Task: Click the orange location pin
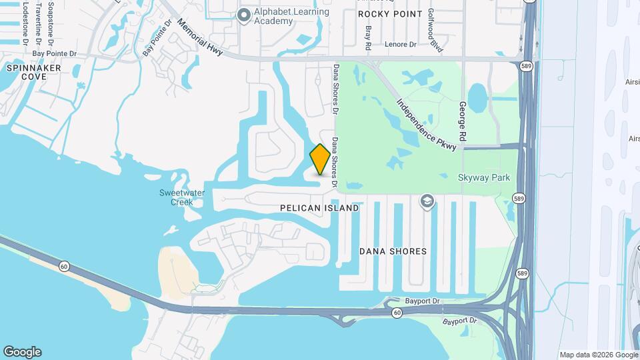tap(320, 159)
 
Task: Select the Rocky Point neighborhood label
tap(390, 13)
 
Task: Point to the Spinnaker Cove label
tap(33, 72)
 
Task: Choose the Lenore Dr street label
tap(401, 45)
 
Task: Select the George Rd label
tap(461, 119)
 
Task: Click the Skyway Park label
tap(484, 177)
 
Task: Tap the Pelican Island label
tap(319, 208)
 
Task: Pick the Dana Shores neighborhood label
tap(393, 251)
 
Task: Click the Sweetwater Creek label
tap(177, 197)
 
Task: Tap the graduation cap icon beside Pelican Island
tap(427, 201)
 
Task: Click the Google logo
tap(22, 351)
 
